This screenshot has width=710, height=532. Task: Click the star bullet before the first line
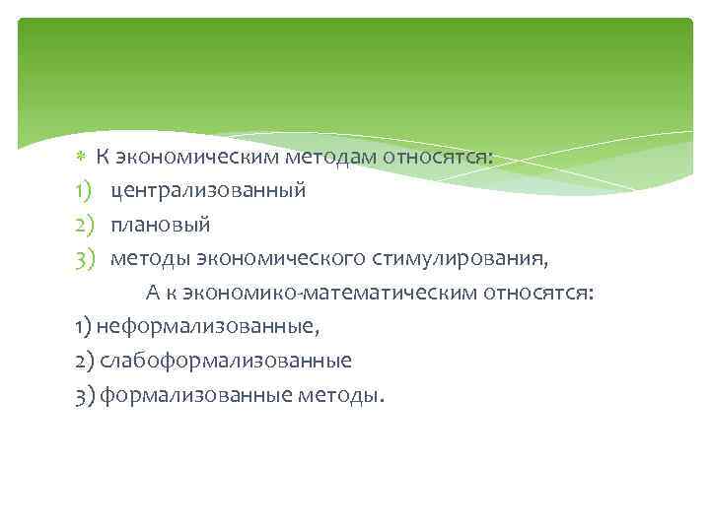(81, 159)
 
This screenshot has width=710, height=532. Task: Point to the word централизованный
(208, 191)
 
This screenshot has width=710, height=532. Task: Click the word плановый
(160, 225)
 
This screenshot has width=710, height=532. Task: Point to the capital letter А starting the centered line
(153, 293)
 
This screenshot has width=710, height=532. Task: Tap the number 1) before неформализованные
(83, 326)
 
